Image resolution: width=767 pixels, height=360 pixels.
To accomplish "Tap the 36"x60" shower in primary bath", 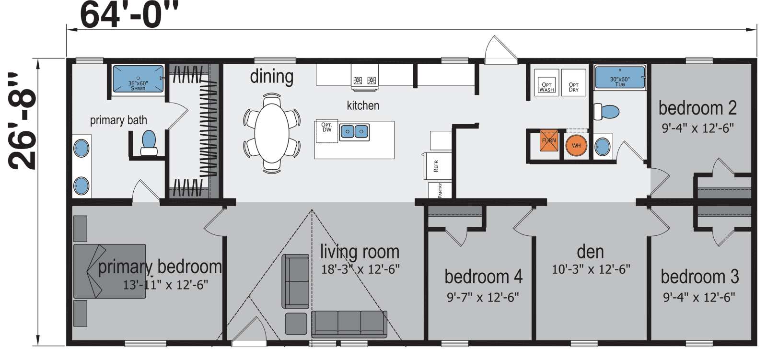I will click(x=138, y=80).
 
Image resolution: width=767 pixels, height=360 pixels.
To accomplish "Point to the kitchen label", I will click(x=363, y=105).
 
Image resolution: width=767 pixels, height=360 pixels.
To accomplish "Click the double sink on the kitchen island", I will click(x=354, y=131).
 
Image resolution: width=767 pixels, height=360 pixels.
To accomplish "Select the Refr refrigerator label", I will click(x=436, y=166).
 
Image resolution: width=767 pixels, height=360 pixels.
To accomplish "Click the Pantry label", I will click(x=440, y=190).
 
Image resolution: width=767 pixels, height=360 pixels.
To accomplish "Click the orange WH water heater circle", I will click(x=576, y=146).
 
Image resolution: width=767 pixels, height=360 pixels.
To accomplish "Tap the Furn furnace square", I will click(x=549, y=141).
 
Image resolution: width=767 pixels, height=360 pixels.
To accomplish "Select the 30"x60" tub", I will click(x=620, y=78).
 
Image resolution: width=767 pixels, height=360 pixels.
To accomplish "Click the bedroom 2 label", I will click(x=697, y=108).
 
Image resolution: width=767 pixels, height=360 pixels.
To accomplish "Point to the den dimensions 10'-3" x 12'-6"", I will click(x=591, y=269).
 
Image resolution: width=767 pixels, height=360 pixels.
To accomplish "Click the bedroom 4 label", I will click(x=483, y=277).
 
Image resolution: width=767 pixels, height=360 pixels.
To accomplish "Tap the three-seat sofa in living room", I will click(x=349, y=324).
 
